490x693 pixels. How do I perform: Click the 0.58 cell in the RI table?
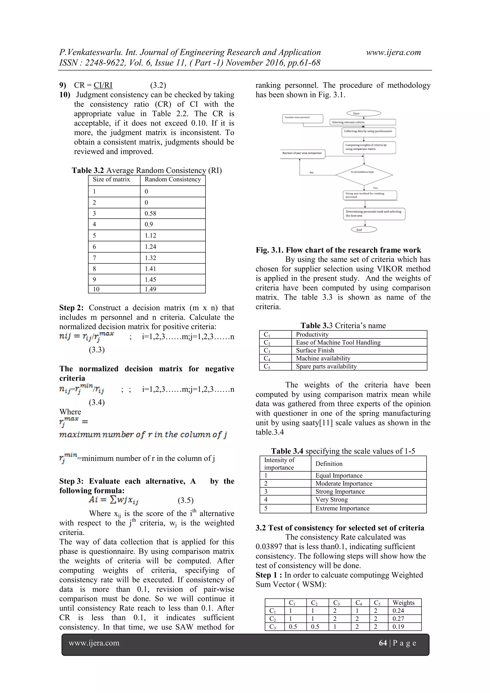[150, 213]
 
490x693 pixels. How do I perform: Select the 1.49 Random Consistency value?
[150, 289]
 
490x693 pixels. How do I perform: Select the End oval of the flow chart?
[364, 230]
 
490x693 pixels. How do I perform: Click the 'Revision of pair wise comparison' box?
[302, 153]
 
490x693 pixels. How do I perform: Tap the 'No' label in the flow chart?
[311, 173]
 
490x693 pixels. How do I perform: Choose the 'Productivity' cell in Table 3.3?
[312, 334]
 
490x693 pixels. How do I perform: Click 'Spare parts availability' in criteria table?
[326, 366]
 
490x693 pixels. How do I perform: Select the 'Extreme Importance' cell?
[342, 508]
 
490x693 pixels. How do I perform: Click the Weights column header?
[403, 603]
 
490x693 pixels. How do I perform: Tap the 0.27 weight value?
[398, 618]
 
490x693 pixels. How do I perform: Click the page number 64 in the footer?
[383, 643]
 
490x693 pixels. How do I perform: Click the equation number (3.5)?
[185, 500]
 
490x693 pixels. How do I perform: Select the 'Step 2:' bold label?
[71, 308]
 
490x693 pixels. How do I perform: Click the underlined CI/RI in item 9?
[103, 85]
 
